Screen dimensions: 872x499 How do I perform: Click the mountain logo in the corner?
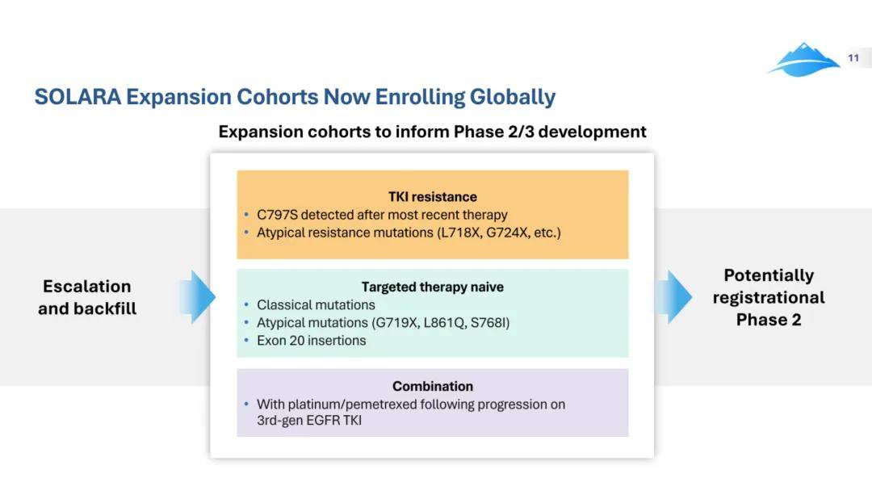pyautogui.click(x=804, y=60)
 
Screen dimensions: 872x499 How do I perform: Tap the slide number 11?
pyautogui.click(x=853, y=58)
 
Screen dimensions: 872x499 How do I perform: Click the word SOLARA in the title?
pyautogui.click(x=78, y=97)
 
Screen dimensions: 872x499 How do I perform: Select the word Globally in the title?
pyautogui.click(x=512, y=98)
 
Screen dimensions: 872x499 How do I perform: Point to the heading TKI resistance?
pyautogui.click(x=433, y=196)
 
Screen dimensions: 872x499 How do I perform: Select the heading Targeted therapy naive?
pyautogui.click(x=433, y=287)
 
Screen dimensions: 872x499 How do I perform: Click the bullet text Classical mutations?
pyautogui.click(x=316, y=305)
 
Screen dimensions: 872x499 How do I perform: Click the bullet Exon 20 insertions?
pyautogui.click(x=312, y=341)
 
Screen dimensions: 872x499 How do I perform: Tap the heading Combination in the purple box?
pyautogui.click(x=433, y=386)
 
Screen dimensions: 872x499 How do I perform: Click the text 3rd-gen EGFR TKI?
pyautogui.click(x=309, y=421)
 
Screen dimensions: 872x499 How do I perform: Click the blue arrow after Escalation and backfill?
pyautogui.click(x=198, y=297)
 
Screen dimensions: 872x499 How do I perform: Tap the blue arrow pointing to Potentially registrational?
pyautogui.click(x=673, y=297)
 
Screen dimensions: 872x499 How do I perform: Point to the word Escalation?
pyautogui.click(x=87, y=286)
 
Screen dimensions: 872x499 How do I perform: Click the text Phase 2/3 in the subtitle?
pyautogui.click(x=493, y=132)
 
